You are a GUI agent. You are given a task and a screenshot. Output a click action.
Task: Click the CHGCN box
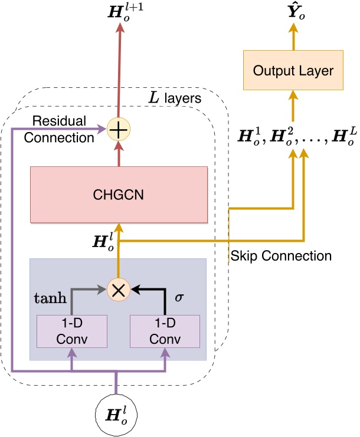click(119, 195)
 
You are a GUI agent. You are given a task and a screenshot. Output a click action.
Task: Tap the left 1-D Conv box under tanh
click(72, 332)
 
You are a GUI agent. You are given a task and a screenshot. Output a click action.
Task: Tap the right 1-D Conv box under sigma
click(165, 332)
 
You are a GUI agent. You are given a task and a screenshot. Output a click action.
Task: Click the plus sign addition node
click(119, 129)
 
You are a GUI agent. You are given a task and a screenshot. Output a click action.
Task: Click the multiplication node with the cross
click(119, 290)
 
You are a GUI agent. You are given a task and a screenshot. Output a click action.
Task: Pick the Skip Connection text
click(280, 257)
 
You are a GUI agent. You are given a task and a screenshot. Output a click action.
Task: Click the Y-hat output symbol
click(293, 12)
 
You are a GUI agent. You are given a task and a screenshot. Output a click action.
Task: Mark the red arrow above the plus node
click(119, 71)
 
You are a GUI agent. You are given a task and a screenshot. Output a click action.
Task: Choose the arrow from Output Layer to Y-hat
click(293, 39)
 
